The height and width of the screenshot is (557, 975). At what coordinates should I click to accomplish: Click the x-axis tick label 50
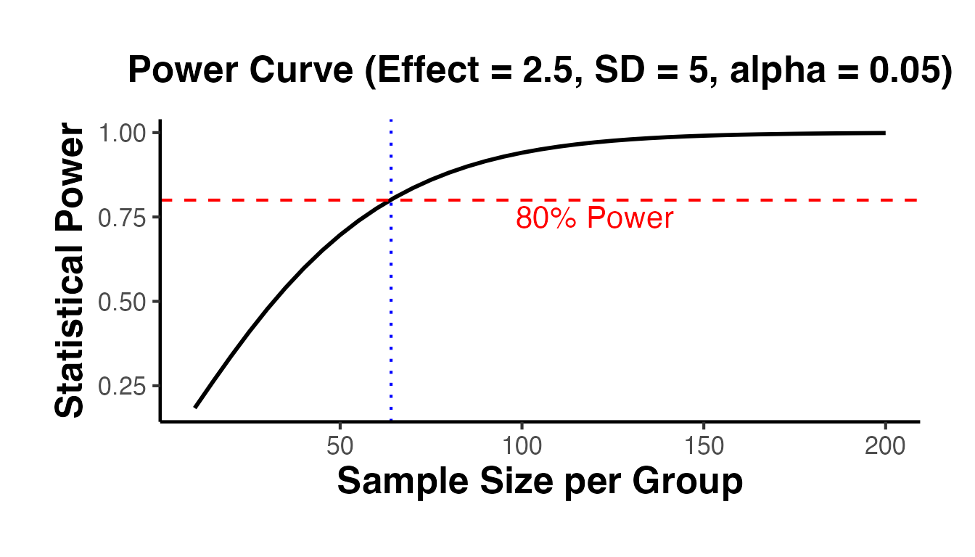click(x=340, y=447)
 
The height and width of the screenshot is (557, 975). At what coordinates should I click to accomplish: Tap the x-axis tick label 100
click(x=521, y=447)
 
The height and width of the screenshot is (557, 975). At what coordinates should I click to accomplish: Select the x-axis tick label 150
click(x=703, y=447)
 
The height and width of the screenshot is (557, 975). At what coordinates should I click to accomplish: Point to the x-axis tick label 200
click(x=884, y=447)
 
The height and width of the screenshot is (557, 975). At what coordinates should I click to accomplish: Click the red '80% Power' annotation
click(x=594, y=218)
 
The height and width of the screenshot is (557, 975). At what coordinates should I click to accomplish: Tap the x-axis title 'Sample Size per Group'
click(x=540, y=482)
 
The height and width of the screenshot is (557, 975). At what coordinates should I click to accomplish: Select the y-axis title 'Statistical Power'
click(x=70, y=271)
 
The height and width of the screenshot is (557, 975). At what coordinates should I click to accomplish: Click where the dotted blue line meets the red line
click(x=391, y=199)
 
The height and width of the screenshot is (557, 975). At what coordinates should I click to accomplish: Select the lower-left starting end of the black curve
click(x=195, y=407)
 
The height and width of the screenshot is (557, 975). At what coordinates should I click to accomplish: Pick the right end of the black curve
click(x=884, y=133)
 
